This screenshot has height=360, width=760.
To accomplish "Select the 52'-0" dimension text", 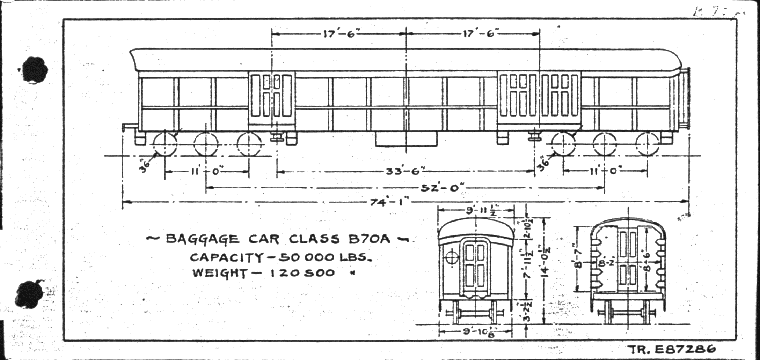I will point(411,187).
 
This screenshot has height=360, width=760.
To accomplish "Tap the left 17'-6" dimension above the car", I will point(340,32).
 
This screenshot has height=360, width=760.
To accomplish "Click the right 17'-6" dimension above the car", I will point(475,32).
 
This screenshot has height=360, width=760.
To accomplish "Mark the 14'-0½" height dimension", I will point(544,268).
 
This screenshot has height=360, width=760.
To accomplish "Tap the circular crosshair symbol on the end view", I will point(451,256).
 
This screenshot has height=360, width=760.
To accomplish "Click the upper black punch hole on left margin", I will point(35,69).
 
